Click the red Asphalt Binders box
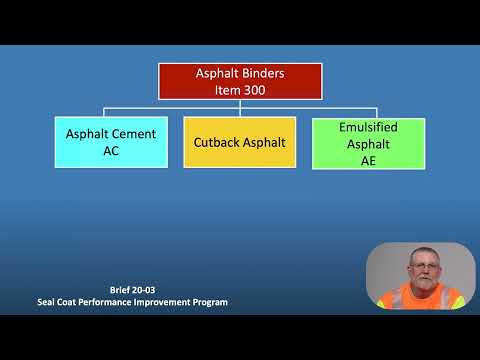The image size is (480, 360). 240,81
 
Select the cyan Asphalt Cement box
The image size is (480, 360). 110,142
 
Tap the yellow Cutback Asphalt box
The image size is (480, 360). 239,142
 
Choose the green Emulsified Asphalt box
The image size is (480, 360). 368,143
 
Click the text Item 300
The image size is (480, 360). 240,90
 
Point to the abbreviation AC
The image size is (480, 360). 110,151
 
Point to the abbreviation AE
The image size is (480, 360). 368,160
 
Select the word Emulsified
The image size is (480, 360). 368,128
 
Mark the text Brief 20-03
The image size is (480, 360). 133,290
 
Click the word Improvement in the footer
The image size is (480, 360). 166,301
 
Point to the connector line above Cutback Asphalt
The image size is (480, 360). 240,112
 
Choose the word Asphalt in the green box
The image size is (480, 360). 368,144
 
